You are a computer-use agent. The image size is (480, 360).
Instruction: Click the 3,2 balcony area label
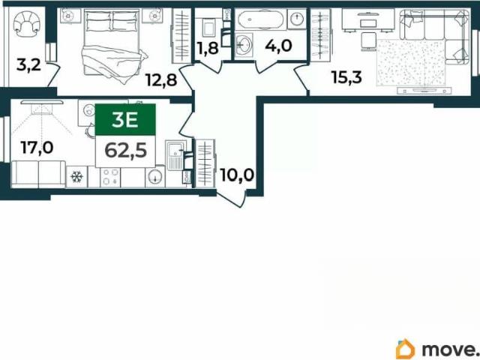click(x=28, y=65)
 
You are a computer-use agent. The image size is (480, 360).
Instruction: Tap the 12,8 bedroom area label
click(x=161, y=80)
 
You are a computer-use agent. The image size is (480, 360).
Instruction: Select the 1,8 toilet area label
click(x=208, y=48)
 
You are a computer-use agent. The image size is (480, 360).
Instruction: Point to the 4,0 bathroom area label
click(x=278, y=46)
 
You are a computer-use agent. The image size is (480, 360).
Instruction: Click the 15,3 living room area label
click(x=346, y=76)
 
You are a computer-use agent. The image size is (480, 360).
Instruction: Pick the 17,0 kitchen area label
click(x=37, y=147)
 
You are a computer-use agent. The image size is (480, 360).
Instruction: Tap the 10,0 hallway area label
click(x=237, y=175)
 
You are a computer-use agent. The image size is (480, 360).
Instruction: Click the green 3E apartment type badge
click(x=125, y=119)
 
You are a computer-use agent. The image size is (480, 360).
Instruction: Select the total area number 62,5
click(x=125, y=151)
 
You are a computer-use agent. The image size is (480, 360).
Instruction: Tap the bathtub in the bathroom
click(x=260, y=19)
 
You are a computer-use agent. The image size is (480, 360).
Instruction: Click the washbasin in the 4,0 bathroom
click(x=244, y=45)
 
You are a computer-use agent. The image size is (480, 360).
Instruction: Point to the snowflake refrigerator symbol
click(x=76, y=177)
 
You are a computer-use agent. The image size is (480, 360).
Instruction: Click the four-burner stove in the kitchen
click(x=109, y=177)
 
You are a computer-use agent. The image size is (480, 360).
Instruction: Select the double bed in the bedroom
click(x=113, y=46)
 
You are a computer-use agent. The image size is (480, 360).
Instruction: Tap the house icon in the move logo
click(x=405, y=349)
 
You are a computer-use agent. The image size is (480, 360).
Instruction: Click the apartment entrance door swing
click(x=231, y=198)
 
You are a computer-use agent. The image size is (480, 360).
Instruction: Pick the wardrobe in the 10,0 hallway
click(x=205, y=163)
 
